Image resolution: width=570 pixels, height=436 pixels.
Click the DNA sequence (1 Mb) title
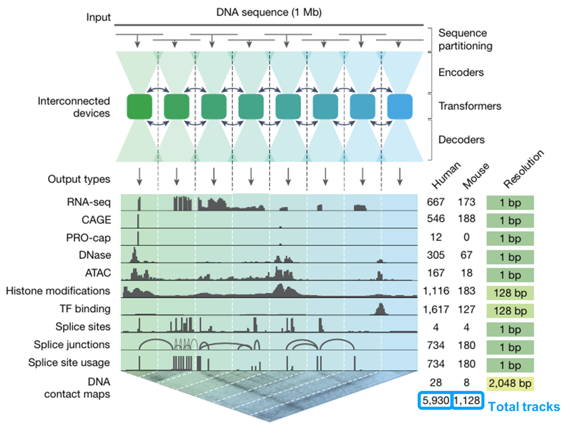click(x=269, y=13)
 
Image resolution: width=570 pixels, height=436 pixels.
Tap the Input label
click(x=98, y=17)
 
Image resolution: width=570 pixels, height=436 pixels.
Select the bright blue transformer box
click(x=400, y=107)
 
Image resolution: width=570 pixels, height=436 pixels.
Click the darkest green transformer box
click(x=139, y=107)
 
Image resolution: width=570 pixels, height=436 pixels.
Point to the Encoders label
click(x=461, y=73)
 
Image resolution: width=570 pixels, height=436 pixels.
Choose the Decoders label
click(x=461, y=140)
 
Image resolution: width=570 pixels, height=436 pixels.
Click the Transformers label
click(x=470, y=106)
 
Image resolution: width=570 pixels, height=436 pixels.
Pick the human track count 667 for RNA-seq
click(x=436, y=202)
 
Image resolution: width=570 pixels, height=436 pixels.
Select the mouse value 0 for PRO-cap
click(x=466, y=237)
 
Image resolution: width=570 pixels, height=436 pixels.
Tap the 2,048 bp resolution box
click(x=510, y=383)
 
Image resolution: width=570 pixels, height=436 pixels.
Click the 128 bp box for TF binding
click(x=510, y=311)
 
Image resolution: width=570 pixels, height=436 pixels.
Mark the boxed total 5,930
click(x=435, y=400)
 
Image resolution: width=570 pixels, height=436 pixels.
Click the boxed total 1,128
click(x=467, y=400)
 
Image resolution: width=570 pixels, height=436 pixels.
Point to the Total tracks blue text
click(x=524, y=407)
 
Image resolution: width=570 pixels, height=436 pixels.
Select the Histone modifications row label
click(x=58, y=291)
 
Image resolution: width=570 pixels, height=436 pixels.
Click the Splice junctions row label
click(x=72, y=345)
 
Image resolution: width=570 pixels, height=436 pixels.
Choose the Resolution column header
click(x=523, y=170)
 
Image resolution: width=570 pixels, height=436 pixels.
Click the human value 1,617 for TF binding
click(x=436, y=309)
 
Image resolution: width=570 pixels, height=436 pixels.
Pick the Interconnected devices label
click(x=74, y=107)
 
